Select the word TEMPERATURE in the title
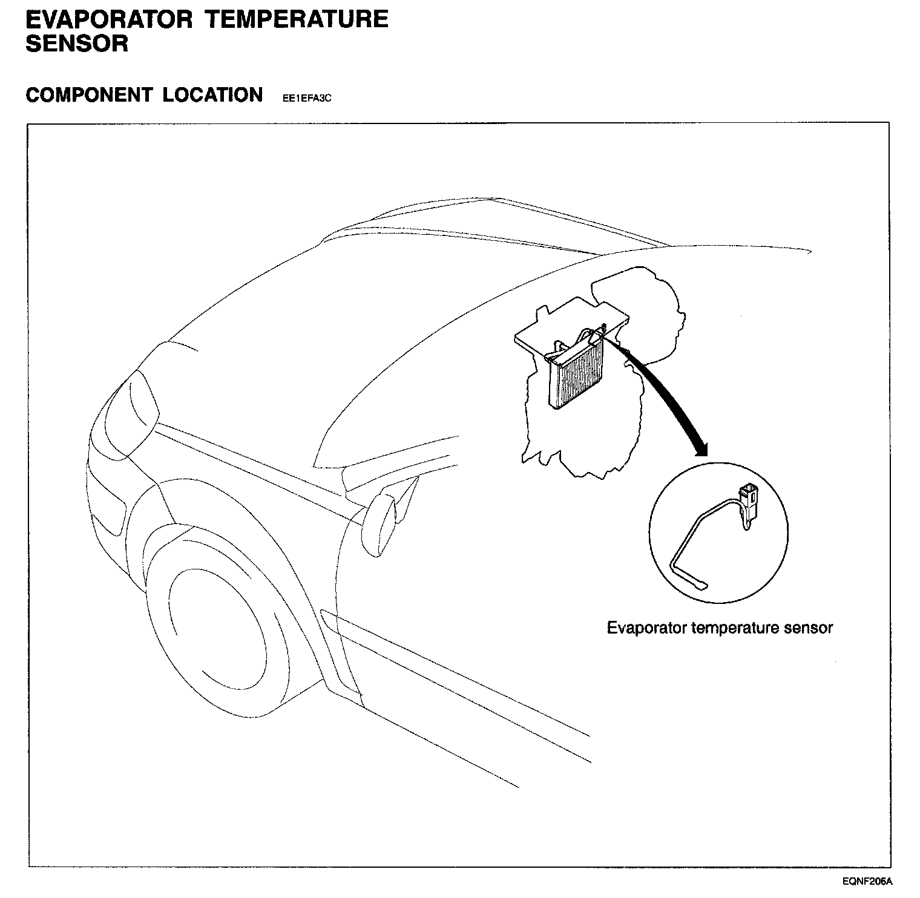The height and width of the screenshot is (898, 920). coord(297,19)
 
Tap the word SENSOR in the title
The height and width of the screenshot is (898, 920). coord(77,44)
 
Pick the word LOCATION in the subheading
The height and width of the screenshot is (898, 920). coord(212,95)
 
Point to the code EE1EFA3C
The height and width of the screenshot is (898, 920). coord(307,98)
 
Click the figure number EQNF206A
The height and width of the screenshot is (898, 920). coord(870,881)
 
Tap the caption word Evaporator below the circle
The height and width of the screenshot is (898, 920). coord(646,628)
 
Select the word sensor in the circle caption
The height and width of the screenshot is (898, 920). coord(808,628)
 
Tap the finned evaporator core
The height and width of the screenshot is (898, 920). coord(578,378)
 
